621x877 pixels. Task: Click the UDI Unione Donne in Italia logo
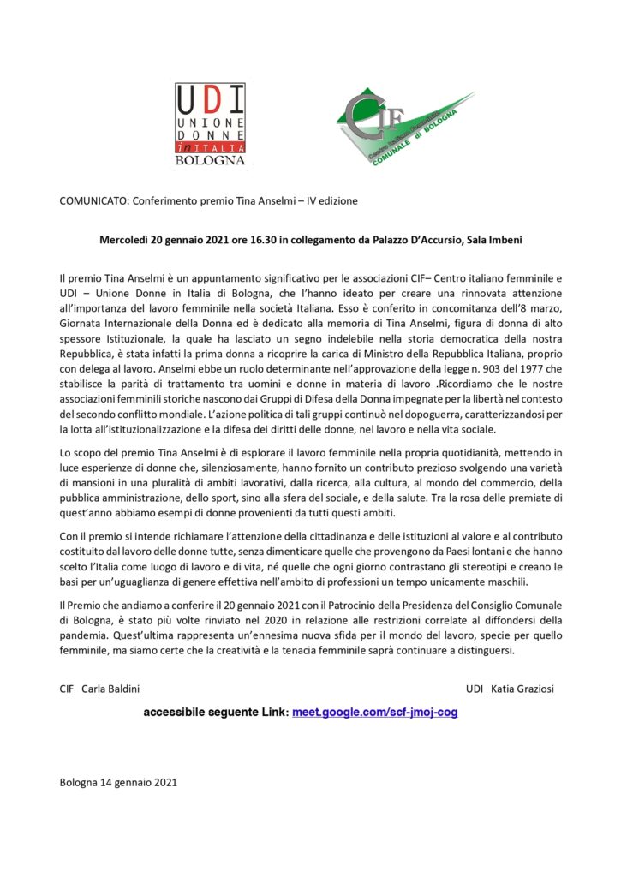(211, 124)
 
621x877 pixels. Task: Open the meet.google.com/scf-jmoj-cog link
(375, 712)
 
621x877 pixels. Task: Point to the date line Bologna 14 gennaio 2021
(118, 782)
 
